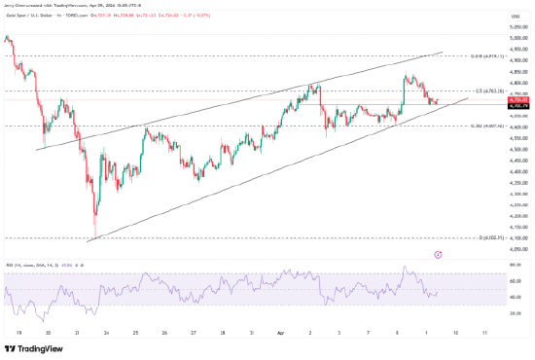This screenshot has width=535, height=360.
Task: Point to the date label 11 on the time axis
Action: (483, 331)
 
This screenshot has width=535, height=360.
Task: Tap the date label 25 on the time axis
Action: (135, 331)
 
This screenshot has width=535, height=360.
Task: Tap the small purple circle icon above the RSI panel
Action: (438, 255)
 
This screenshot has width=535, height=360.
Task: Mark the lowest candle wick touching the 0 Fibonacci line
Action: (95, 236)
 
